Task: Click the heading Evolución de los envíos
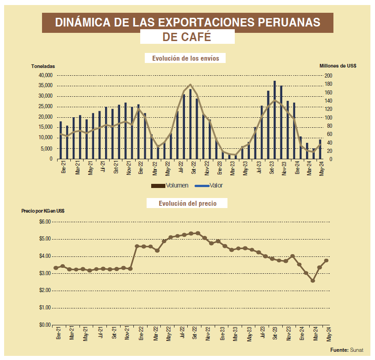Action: point(185,58)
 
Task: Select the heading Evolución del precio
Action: point(187,203)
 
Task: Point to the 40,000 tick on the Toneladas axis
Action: point(46,75)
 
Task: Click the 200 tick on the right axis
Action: point(328,75)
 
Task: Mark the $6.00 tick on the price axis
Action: point(45,222)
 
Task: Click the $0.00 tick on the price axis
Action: point(45,325)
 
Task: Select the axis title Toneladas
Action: point(43,66)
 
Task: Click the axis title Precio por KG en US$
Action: point(43,211)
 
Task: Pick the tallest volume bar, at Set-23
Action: point(275,120)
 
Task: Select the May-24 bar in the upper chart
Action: point(320,149)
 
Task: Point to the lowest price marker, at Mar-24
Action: point(313,281)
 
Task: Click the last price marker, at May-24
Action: point(327,261)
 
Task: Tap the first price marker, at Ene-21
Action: point(56,268)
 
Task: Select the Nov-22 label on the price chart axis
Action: point(208,334)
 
